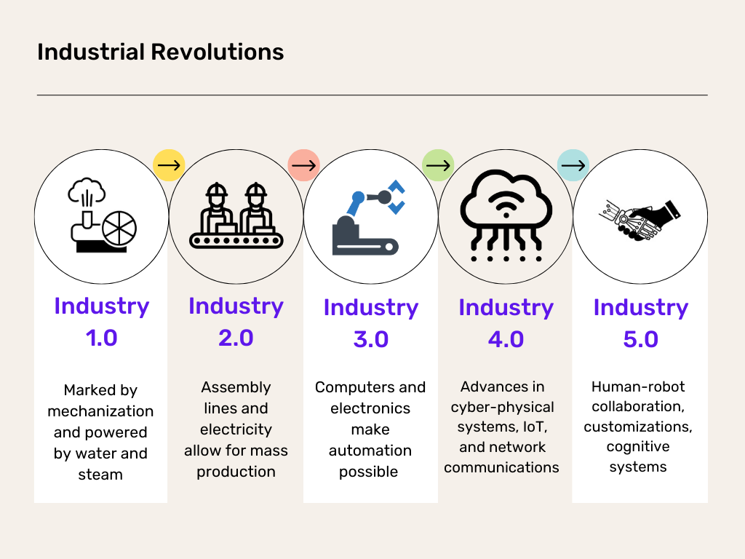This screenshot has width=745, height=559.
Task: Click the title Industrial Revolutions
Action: pos(160,52)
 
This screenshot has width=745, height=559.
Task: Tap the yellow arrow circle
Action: pos(169,166)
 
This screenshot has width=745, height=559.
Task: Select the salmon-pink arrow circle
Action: pos(303,166)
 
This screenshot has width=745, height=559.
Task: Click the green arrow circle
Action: pos(438,166)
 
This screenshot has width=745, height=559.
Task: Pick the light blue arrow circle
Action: pos(573,166)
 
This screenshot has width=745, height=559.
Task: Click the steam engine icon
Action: pos(101,216)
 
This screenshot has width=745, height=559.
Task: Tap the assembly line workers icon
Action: pos(236,216)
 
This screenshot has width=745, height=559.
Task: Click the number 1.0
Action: pos(101,338)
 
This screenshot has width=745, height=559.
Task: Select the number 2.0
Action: pos(236,338)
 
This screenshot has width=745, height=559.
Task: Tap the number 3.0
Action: pos(370,339)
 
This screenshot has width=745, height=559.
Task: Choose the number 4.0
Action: pos(506,339)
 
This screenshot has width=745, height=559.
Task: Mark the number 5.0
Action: pos(640,339)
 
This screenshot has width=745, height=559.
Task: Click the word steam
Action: pos(100,475)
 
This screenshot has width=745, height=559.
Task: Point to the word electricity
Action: pos(236,429)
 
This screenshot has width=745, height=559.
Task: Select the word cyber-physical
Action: pos(502,407)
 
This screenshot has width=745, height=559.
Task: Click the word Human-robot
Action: pos(638,386)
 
